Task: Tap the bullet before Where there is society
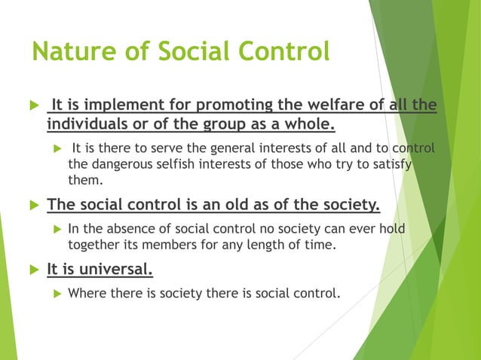(53, 293)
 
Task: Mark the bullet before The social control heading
(31, 205)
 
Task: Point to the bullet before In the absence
(53, 228)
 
